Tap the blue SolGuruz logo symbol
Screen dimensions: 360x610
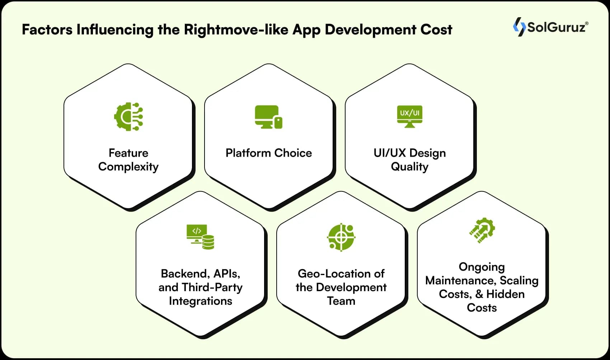[519, 27]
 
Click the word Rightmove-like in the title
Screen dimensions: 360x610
[236, 30]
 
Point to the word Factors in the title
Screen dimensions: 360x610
[47, 30]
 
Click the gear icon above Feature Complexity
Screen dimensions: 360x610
[128, 117]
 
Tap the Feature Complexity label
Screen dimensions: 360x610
[128, 160]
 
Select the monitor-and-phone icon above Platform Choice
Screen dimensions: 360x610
[268, 117]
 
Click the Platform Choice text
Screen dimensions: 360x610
[268, 153]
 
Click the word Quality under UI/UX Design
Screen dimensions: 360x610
[409, 167]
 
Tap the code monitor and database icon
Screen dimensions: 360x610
[200, 237]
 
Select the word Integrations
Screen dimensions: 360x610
[200, 301]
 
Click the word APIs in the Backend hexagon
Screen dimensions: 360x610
[226, 274]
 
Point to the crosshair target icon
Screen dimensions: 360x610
[341, 237]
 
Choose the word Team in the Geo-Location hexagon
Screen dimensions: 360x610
[341, 301]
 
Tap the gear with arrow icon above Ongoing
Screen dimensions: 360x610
[482, 230]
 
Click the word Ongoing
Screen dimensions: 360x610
[482, 267]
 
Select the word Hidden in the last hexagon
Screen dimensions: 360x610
[505, 294]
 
